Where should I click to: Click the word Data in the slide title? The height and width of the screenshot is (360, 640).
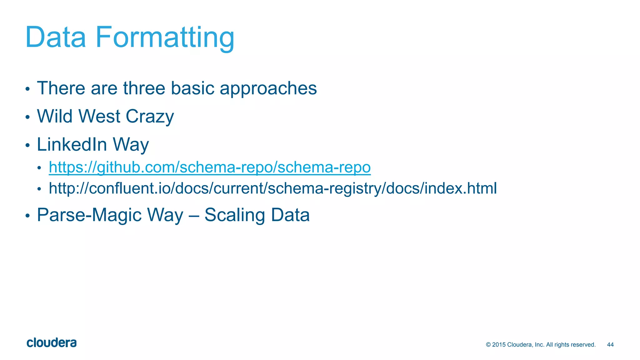pos(55,37)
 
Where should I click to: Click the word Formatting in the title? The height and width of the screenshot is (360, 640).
pos(165,38)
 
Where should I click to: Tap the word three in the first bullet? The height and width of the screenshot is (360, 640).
pos(144,88)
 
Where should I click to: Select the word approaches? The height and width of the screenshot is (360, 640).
pos(268,89)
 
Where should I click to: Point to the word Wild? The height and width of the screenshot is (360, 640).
pos(55,116)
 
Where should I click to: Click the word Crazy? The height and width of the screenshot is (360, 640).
pos(150,117)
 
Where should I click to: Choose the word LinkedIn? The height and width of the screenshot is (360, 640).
pos(72,144)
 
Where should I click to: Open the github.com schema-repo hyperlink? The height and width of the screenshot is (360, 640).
pos(210,167)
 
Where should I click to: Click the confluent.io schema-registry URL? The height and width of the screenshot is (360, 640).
pos(272,188)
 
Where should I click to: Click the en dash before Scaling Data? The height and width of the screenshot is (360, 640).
pos(194,216)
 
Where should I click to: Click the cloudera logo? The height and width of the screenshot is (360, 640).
pos(52,343)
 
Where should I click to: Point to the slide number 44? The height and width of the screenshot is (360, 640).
pos(610,345)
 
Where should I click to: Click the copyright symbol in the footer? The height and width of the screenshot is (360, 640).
pos(488,345)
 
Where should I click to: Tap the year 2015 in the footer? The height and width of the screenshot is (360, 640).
pos(499,345)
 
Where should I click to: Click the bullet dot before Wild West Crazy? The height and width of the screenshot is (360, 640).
pos(27,117)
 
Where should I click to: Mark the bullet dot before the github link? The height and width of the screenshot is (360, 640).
pos(39,168)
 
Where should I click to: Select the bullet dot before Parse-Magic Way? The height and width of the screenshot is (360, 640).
pos(27,216)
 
